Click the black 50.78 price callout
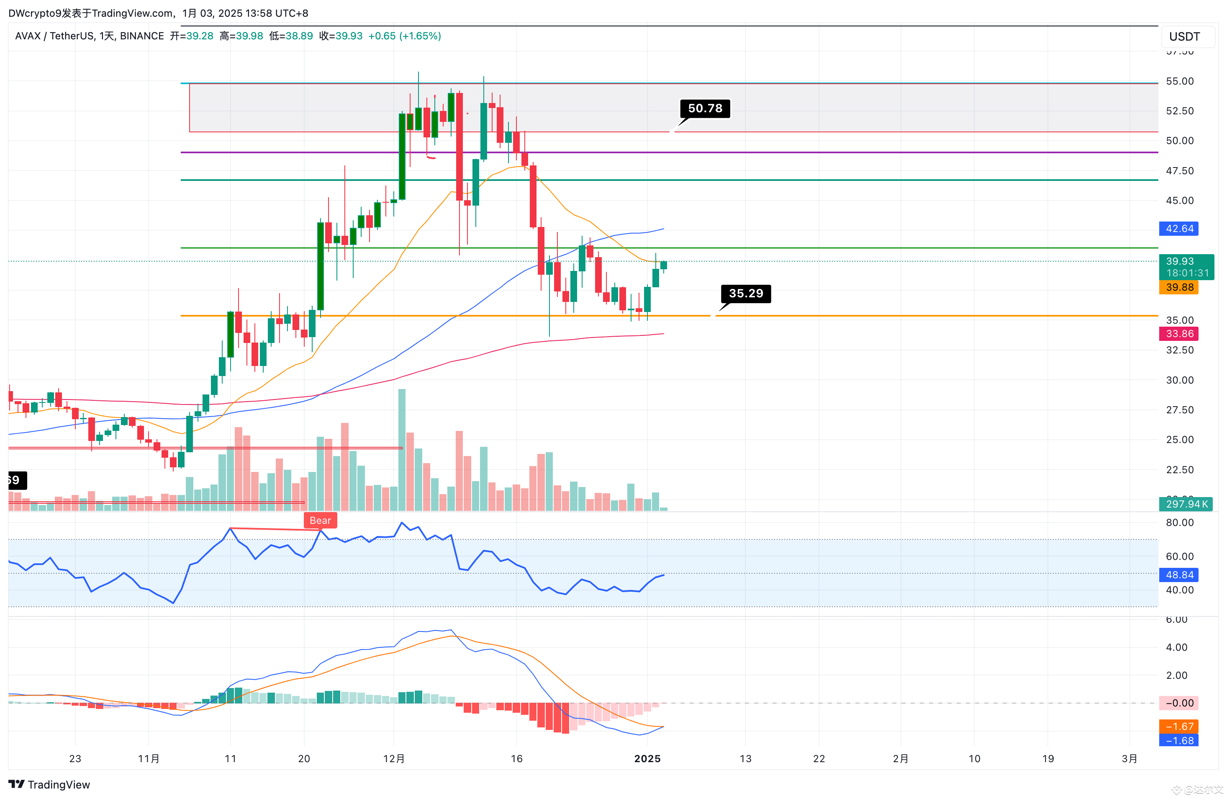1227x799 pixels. click(x=705, y=108)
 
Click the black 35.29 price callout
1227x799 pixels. click(x=745, y=294)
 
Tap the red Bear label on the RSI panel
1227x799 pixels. click(x=320, y=521)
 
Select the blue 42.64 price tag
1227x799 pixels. click(x=1178, y=229)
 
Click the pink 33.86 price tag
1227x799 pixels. click(x=1178, y=334)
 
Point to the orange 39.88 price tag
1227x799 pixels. click(x=1178, y=287)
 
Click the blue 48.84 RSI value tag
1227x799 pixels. click(x=1178, y=575)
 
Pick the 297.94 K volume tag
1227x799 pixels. click(x=1185, y=504)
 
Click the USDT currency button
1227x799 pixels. click(x=1184, y=36)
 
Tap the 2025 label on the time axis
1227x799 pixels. click(x=647, y=758)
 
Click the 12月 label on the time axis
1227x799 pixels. click(x=394, y=758)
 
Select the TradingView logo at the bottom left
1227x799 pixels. click(x=49, y=785)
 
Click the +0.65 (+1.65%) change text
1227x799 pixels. click(x=405, y=36)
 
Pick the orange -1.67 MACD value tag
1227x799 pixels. click(x=1178, y=726)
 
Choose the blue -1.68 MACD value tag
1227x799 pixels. click(x=1178, y=740)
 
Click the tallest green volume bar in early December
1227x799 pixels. click(x=402, y=449)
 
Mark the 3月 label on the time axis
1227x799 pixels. click(x=1129, y=758)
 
